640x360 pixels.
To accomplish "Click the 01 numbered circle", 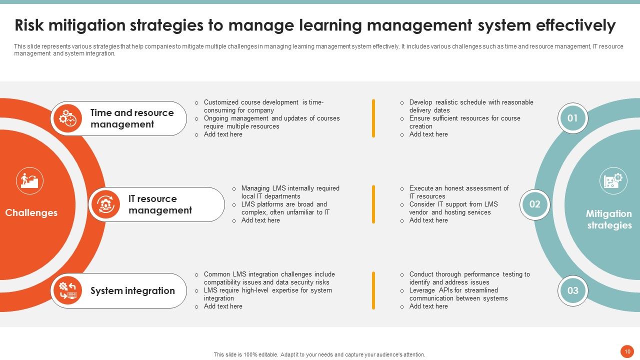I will click(x=572, y=118).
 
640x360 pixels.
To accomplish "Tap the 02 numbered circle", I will click(x=534, y=204).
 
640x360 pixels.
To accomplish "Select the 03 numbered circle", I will click(x=572, y=290).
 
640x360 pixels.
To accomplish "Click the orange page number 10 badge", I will click(x=626, y=351).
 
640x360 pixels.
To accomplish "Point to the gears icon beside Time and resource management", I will click(x=67, y=118).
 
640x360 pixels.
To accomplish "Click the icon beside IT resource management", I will click(x=105, y=204).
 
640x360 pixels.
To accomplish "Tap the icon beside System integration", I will click(x=67, y=290).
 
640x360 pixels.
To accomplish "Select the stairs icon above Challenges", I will click(x=29, y=180).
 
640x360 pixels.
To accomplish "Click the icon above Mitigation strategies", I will click(x=613, y=180).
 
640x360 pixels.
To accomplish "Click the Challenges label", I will click(x=31, y=213).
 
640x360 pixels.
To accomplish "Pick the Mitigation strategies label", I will click(x=609, y=219).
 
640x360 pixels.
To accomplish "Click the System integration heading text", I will click(x=132, y=291).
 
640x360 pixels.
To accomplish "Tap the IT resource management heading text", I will click(x=160, y=204).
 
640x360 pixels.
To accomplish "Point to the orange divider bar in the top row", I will click(x=373, y=118).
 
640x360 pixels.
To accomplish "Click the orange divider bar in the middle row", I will click(x=373, y=204).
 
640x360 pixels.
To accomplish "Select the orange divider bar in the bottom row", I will click(x=373, y=290).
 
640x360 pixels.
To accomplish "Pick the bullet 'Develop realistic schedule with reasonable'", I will click(x=471, y=102).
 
